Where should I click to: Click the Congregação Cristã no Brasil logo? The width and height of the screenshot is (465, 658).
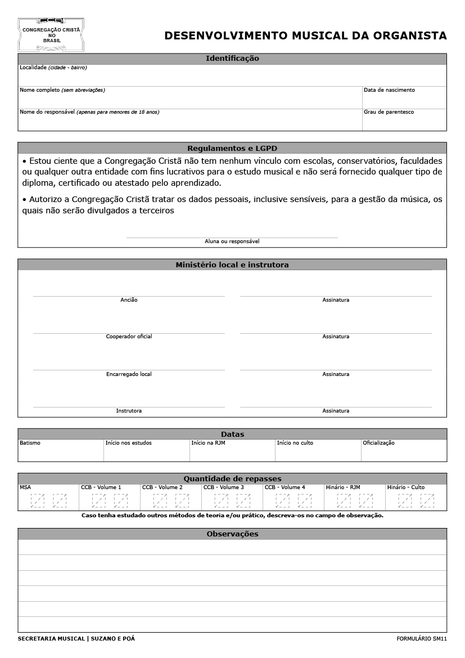(x=51, y=34)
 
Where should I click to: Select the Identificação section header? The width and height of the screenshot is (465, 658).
(x=232, y=59)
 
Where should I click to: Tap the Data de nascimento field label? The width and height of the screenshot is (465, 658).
(x=389, y=90)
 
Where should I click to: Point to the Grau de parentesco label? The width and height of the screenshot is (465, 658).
(x=389, y=112)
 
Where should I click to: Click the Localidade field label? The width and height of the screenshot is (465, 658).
(x=33, y=68)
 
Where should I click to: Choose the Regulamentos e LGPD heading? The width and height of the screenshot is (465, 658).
(x=232, y=149)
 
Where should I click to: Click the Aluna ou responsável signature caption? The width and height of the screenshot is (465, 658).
(x=232, y=241)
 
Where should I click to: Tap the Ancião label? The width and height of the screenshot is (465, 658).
(x=129, y=300)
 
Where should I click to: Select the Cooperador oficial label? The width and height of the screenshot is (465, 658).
(x=129, y=337)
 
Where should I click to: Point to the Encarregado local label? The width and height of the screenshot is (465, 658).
(x=129, y=374)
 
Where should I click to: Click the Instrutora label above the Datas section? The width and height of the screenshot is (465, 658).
(x=129, y=411)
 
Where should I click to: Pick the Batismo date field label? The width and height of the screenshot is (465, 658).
(x=30, y=443)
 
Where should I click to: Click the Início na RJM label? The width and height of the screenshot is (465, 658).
(x=208, y=443)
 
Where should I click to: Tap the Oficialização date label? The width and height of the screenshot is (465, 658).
(x=378, y=443)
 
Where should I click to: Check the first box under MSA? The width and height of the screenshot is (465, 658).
(x=38, y=500)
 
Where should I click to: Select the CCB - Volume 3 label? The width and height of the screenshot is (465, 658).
(x=223, y=487)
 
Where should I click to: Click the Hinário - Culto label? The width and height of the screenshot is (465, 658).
(x=405, y=487)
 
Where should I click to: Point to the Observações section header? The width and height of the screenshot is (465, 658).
(x=232, y=534)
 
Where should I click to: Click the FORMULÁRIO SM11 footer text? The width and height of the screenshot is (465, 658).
(x=421, y=639)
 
